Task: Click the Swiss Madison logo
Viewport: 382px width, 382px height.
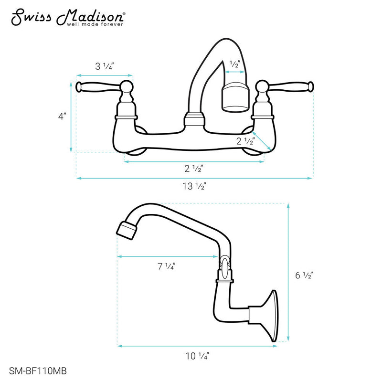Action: [68, 17]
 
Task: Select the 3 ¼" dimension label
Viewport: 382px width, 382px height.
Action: [104, 67]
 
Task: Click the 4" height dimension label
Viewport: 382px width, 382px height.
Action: [63, 116]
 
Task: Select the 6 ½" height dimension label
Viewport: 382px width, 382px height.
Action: [304, 275]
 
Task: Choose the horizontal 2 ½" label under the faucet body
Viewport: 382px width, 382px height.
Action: [194, 170]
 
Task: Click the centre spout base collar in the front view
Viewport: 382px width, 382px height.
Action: [195, 119]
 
